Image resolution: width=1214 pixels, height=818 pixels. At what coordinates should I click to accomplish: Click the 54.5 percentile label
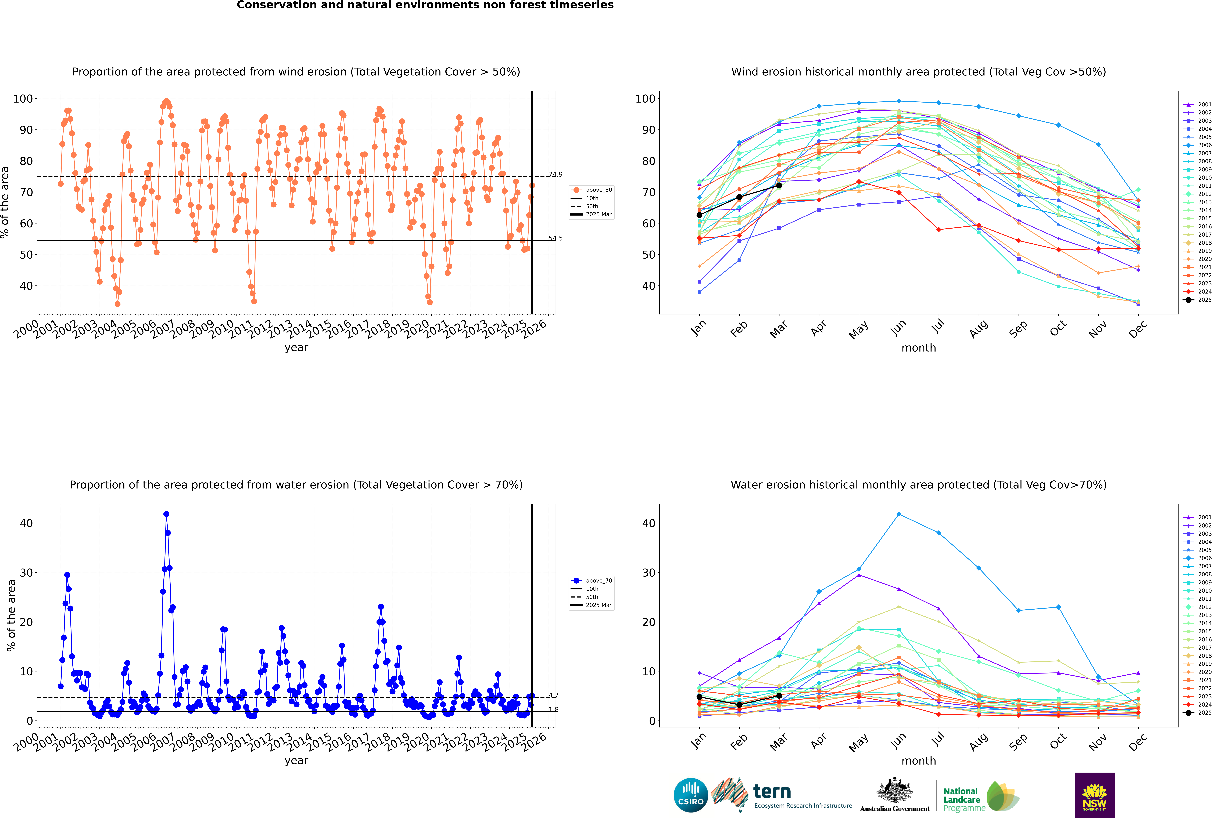point(555,238)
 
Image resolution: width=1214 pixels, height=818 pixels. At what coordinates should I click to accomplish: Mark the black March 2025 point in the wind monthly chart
point(779,185)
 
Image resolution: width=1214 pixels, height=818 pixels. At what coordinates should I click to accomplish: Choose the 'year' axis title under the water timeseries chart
point(296,761)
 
